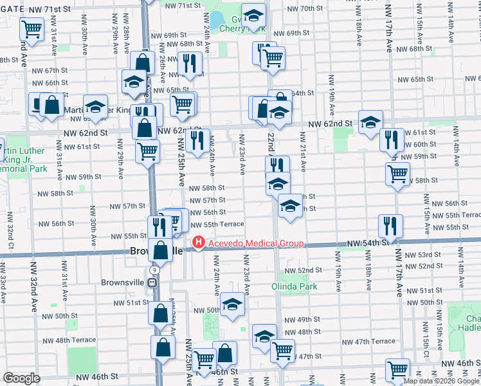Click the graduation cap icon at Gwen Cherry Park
click(x=253, y=15)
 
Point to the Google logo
click(x=21, y=378)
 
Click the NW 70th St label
click(x=307, y=8)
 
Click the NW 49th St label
click(x=302, y=320)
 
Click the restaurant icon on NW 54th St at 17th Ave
click(x=390, y=226)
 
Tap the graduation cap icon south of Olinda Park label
click(x=264, y=336)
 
